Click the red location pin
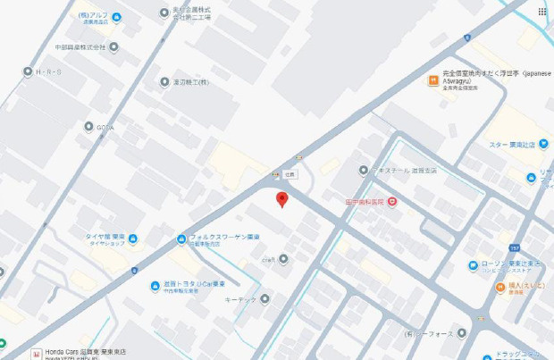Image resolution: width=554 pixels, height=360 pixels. click(x=281, y=198)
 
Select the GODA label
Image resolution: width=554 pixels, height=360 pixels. click(x=105, y=127)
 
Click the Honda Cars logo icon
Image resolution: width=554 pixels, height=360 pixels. click(x=36, y=354)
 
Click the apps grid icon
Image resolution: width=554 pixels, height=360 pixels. click(x=541, y=12)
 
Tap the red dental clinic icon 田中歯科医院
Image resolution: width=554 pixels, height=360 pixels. click(x=392, y=203)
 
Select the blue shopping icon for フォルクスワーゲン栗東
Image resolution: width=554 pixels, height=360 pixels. click(x=181, y=239)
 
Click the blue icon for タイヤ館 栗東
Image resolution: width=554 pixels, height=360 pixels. click(x=132, y=238)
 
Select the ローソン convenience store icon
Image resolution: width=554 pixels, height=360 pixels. click(x=473, y=264)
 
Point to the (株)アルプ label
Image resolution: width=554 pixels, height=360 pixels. click(x=94, y=15)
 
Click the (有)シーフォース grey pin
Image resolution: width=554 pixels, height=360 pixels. click(x=461, y=332)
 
